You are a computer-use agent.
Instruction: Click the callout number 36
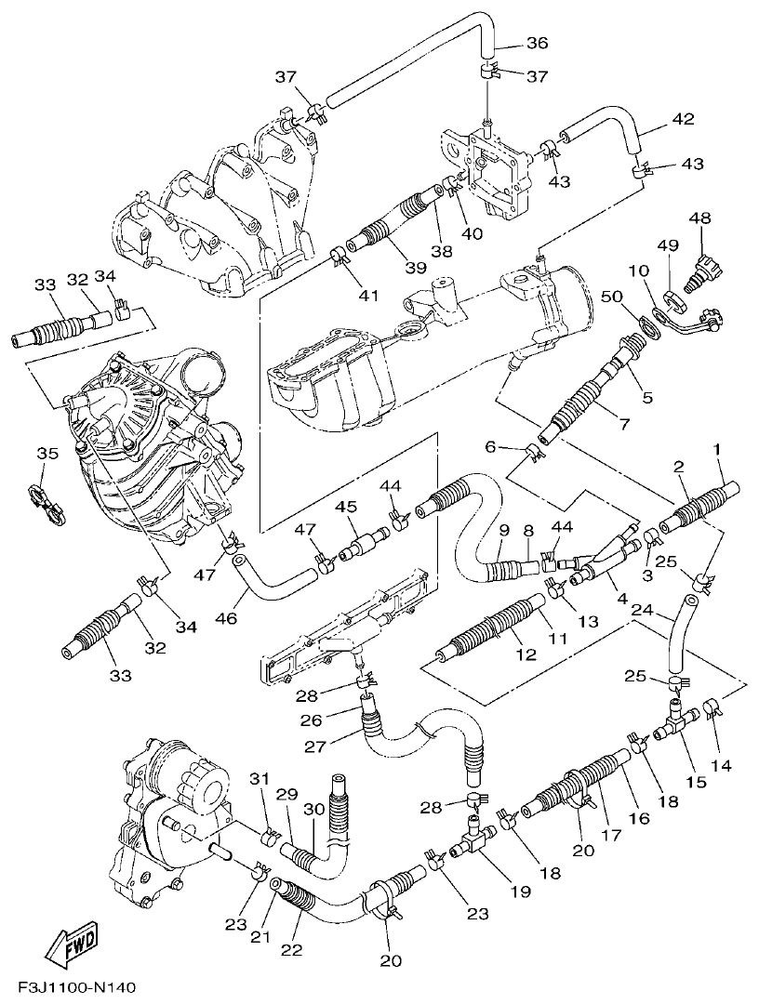tap(538, 43)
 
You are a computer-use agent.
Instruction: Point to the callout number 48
tap(699, 218)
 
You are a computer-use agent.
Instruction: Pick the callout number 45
tap(346, 507)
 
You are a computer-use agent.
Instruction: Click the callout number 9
tap(503, 531)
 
